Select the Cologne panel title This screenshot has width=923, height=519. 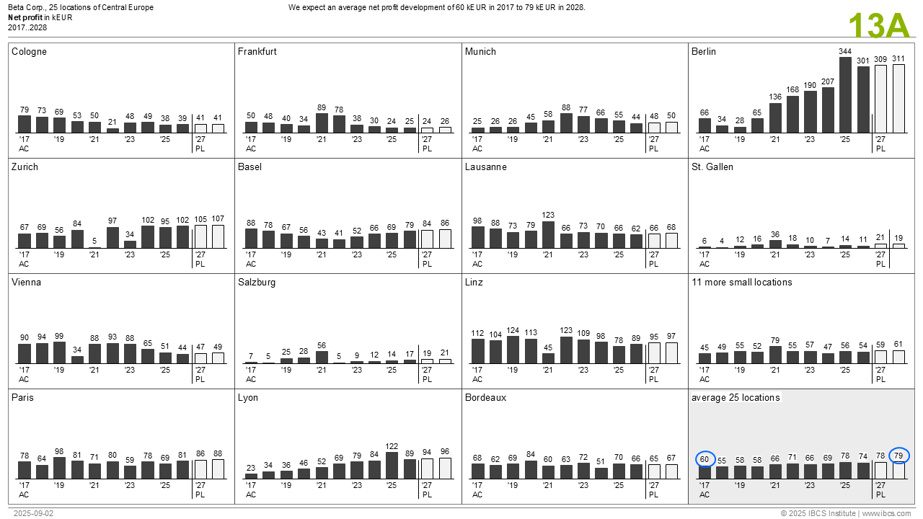click(29, 52)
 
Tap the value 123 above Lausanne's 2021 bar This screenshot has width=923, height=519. click(549, 215)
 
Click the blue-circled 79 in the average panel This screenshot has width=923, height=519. click(898, 456)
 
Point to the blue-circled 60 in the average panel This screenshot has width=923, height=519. click(705, 459)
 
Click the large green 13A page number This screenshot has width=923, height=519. click(879, 26)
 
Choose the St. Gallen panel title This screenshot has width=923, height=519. click(712, 167)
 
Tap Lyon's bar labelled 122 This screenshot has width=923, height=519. click(392, 466)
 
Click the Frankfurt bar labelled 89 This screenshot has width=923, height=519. click(322, 123)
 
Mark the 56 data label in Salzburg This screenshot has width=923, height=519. click(322, 345)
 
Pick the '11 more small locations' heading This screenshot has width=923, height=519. click(741, 283)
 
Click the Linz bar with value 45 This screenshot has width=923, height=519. click(549, 358)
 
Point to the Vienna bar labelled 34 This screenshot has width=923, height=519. click(77, 360)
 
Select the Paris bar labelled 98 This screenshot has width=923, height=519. click(60, 469)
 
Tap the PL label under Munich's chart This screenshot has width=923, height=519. click(653, 149)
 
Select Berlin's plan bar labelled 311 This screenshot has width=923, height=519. click(898, 99)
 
